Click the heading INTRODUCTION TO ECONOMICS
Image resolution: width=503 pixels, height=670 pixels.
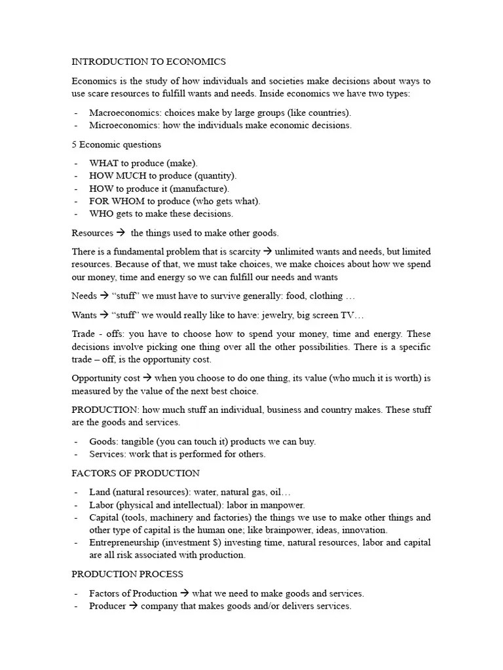[x=149, y=62]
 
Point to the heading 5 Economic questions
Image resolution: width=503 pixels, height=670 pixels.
[x=116, y=144]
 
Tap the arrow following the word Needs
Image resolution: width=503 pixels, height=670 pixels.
[x=103, y=296]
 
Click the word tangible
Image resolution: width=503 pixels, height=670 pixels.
[x=136, y=441]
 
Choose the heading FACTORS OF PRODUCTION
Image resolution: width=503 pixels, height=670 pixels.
[x=136, y=472]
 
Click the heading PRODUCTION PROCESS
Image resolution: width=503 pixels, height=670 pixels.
[x=127, y=574]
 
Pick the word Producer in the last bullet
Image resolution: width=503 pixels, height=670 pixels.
[x=107, y=606]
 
